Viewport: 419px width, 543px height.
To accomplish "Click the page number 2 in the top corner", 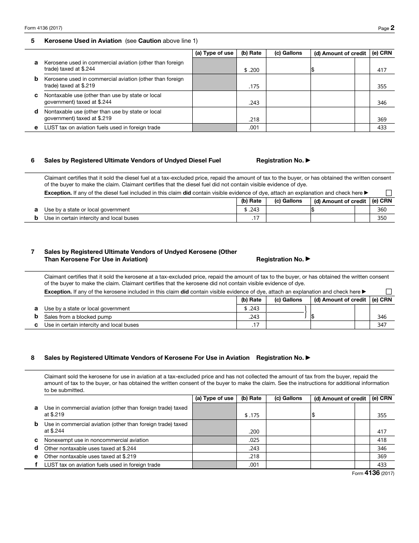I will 392,28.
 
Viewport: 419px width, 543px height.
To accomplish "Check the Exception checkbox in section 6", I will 389,193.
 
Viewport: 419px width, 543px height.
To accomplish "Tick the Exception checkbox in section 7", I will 389,292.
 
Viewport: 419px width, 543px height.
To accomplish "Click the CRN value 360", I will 382,210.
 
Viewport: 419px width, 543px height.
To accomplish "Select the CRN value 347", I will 382,325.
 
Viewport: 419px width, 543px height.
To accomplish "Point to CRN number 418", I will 382,440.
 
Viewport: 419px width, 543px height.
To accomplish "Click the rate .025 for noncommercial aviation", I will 254,440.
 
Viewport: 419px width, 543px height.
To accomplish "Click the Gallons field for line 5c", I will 288,99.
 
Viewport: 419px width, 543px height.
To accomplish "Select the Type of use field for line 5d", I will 214,116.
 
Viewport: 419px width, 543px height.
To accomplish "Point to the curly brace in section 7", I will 305,313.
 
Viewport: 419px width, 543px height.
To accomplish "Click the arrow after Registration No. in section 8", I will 308,358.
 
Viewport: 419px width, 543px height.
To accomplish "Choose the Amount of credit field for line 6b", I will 333,218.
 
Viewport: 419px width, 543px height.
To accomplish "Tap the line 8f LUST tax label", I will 102,465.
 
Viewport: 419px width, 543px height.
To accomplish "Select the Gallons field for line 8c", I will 288,440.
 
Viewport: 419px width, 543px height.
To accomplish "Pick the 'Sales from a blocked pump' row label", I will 78,317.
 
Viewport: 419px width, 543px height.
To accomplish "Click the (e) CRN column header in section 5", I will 382,53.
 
